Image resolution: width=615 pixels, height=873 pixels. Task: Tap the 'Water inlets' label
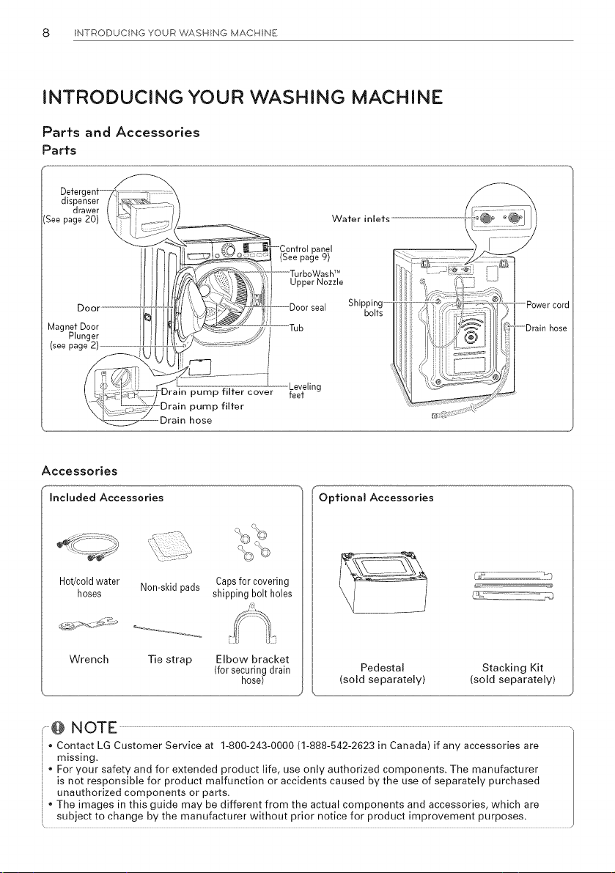[x=361, y=219]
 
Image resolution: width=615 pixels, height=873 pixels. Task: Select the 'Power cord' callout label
[x=548, y=304]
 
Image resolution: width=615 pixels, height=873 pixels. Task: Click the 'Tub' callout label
[x=297, y=328]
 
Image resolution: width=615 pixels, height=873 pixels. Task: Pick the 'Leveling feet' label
[x=305, y=391]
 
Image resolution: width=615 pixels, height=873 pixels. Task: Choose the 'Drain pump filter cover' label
[x=216, y=392]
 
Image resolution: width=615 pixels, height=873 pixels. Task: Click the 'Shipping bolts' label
[x=366, y=308]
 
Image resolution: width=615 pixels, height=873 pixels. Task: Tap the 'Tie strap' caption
[x=170, y=660]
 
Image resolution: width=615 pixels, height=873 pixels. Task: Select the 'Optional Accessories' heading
[x=376, y=498]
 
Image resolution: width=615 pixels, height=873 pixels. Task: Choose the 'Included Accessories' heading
[x=107, y=498]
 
